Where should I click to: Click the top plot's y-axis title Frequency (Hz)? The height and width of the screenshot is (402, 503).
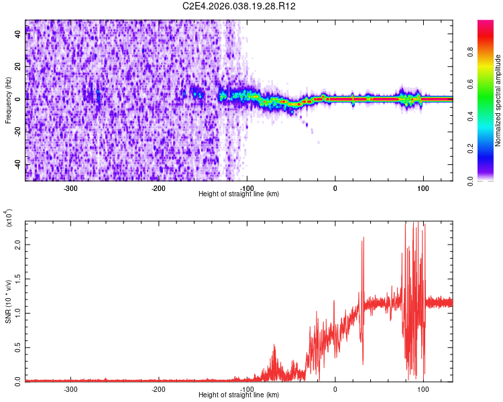click(7, 100)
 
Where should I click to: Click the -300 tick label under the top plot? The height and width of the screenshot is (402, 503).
click(71, 188)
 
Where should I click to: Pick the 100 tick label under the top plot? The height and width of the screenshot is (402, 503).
click(423, 188)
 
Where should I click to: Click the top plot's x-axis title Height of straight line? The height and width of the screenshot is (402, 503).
click(239, 194)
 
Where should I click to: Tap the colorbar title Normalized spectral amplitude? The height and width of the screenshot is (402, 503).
click(498, 100)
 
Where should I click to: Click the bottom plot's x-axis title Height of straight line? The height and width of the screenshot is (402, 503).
click(239, 395)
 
